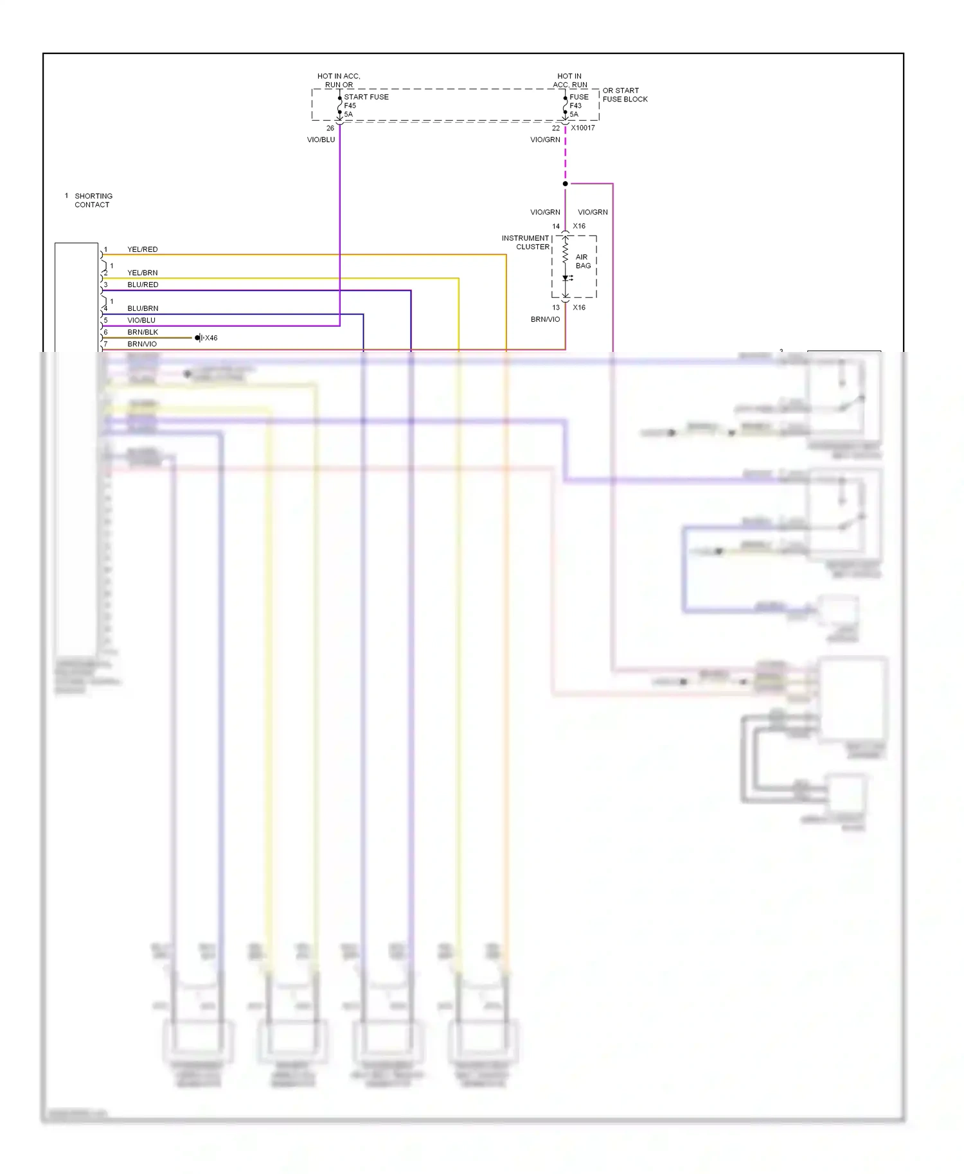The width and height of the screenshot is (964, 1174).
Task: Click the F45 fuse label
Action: click(x=350, y=105)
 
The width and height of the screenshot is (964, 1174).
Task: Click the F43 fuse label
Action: click(x=575, y=105)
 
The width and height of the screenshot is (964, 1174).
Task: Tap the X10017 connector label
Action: click(x=583, y=128)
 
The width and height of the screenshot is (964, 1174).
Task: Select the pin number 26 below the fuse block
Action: click(x=330, y=128)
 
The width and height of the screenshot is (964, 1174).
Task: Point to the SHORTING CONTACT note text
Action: click(x=93, y=200)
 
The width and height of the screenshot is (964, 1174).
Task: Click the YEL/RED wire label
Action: click(x=142, y=249)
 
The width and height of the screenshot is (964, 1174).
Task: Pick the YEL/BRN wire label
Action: click(x=142, y=272)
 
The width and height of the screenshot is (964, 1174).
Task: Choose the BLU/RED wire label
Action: click(x=142, y=285)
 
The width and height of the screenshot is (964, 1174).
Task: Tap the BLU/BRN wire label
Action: click(x=142, y=308)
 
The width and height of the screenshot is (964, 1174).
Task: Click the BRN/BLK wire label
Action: click(x=142, y=332)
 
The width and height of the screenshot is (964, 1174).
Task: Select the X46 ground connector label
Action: click(x=211, y=338)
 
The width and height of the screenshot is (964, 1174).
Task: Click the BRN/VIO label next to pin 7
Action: click(x=141, y=344)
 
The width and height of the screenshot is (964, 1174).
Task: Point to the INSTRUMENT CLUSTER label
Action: click(x=526, y=242)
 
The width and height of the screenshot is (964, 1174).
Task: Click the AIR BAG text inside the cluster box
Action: click(x=583, y=261)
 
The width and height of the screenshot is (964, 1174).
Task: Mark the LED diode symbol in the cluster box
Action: click(x=566, y=278)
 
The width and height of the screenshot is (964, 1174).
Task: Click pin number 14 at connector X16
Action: click(x=556, y=226)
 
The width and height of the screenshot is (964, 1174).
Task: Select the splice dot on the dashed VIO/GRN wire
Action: click(x=566, y=184)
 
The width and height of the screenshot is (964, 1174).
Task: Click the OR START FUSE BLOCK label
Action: click(x=625, y=95)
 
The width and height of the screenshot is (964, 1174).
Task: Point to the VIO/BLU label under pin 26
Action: click(x=321, y=139)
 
